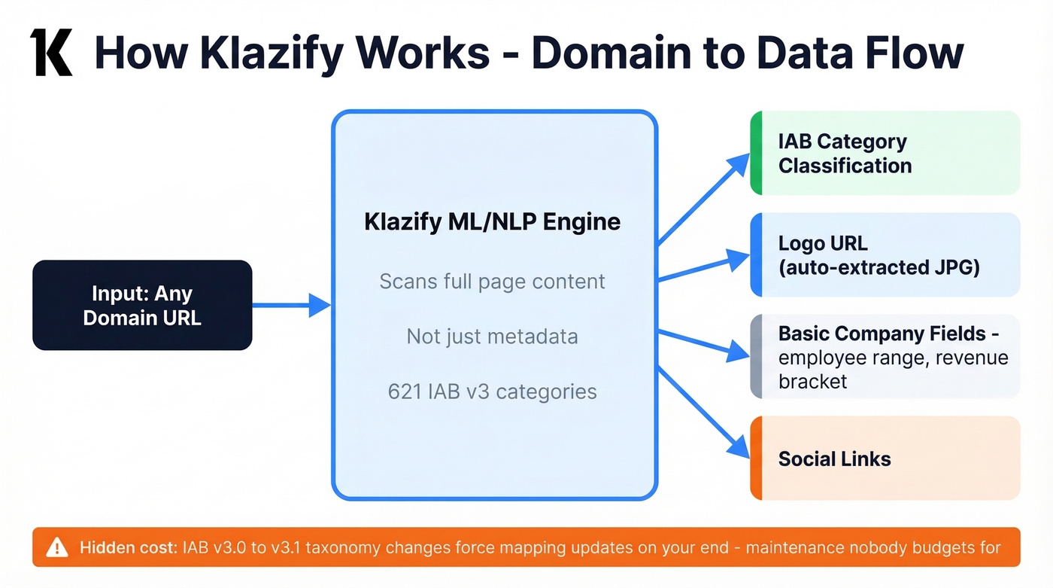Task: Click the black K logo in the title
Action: click(51, 53)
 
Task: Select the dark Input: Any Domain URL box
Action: click(142, 305)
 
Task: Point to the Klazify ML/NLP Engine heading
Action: click(493, 222)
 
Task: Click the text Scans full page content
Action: click(493, 282)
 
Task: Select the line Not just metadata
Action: click(493, 336)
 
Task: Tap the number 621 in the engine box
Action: click(405, 391)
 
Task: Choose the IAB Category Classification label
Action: click(844, 154)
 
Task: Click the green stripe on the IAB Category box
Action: click(757, 153)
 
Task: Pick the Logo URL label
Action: click(823, 243)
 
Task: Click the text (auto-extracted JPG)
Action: click(879, 267)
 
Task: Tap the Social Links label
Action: click(834, 459)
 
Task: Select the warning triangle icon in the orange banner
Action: click(57, 547)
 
